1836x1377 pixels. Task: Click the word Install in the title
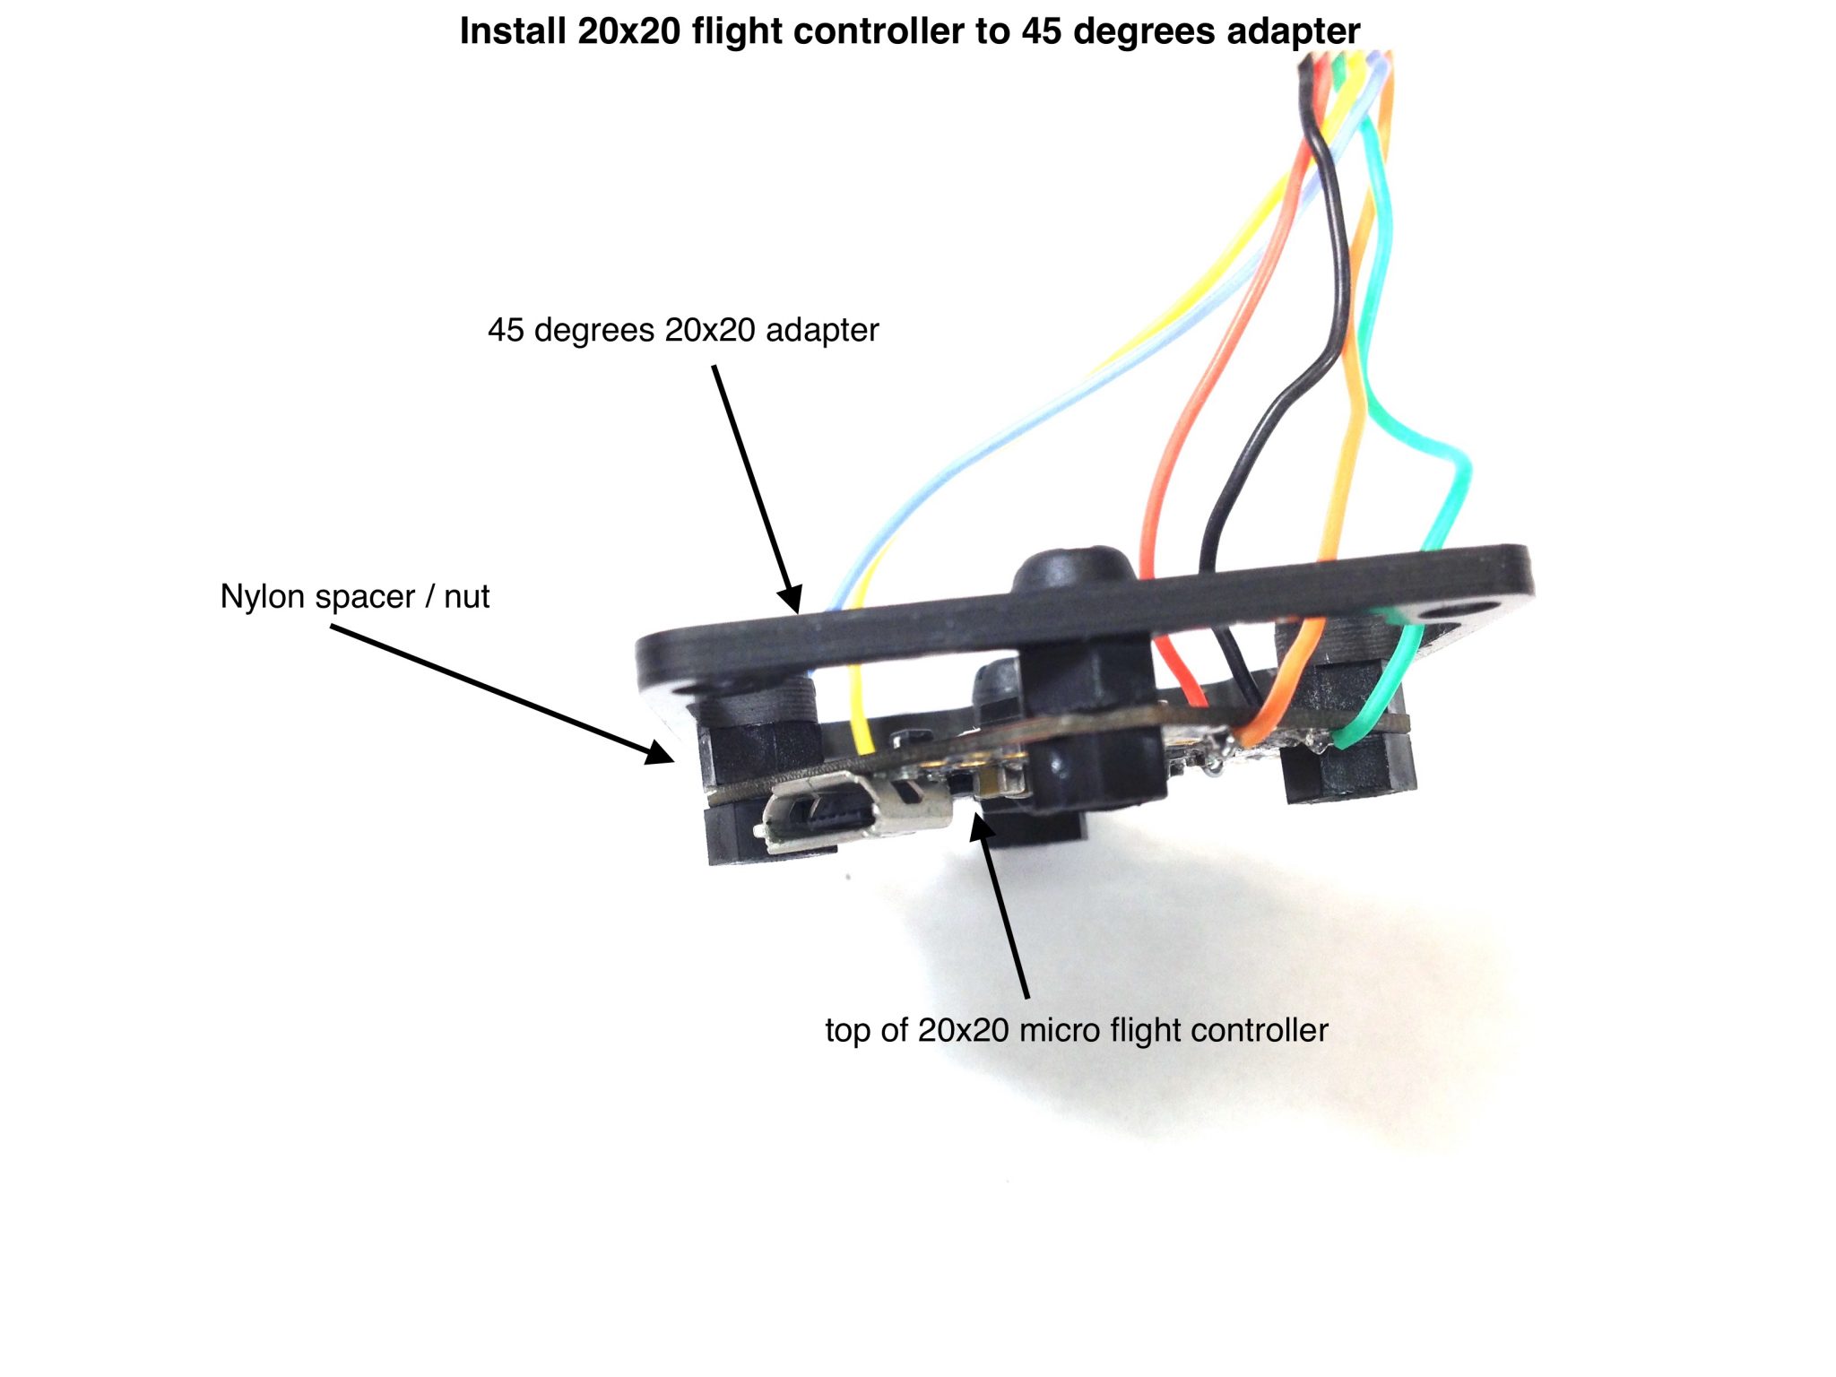click(x=513, y=31)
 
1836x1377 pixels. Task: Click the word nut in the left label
click(x=467, y=597)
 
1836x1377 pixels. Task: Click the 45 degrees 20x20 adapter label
click(x=683, y=330)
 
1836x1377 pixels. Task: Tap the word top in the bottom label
click(x=847, y=1031)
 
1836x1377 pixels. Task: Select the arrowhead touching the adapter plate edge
click(x=791, y=599)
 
